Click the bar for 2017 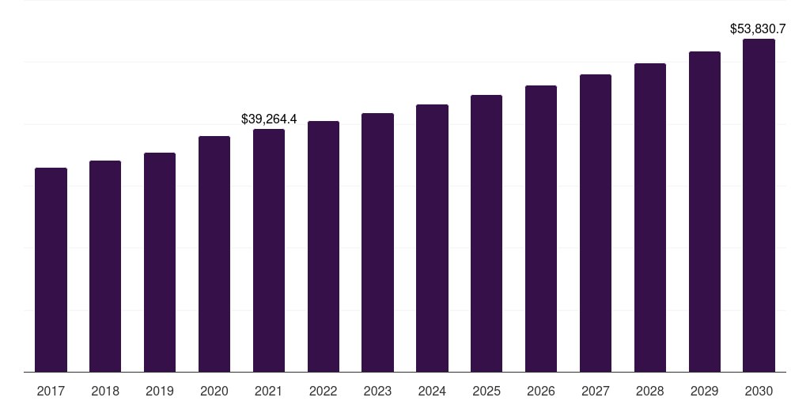[51, 270]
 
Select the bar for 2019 [160, 263]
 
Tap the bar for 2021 [269, 251]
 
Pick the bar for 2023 [377, 242]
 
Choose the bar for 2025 [486, 233]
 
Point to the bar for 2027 [595, 223]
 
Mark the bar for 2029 [705, 212]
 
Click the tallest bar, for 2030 [759, 206]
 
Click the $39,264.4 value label [269, 119]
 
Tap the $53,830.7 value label [758, 29]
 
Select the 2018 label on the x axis [105, 392]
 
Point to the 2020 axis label [214, 392]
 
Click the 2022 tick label [323, 392]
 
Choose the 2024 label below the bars [432, 392]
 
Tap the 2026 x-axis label [541, 392]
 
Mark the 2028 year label [650, 392]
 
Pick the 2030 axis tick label [759, 392]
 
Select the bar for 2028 [650, 218]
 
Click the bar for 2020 [214, 254]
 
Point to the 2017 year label [51, 392]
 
